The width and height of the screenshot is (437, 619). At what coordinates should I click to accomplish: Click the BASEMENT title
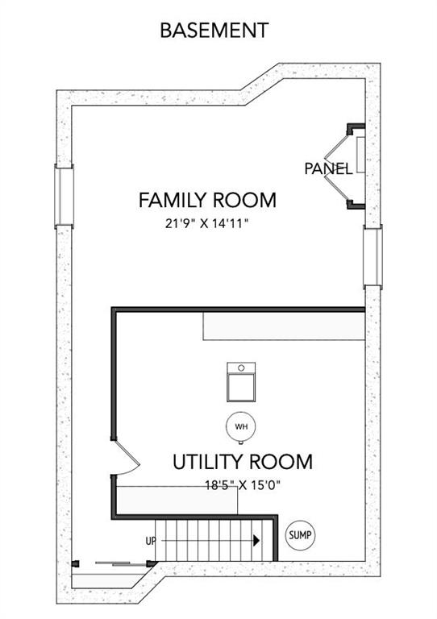[214, 31]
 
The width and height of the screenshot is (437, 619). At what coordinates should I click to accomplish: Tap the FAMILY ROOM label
[207, 200]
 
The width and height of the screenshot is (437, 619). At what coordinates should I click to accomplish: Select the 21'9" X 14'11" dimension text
[206, 224]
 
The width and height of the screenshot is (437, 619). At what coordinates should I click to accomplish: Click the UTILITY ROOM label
[243, 462]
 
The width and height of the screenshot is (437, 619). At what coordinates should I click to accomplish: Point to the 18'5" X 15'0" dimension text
[243, 484]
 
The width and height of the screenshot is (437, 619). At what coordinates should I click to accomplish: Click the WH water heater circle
[241, 426]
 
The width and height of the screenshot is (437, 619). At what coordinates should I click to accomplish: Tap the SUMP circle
[301, 535]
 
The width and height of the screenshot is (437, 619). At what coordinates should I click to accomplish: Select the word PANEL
[328, 169]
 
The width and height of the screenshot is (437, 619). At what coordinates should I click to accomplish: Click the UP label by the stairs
[152, 541]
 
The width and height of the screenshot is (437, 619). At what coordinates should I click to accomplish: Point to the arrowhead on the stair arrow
[256, 541]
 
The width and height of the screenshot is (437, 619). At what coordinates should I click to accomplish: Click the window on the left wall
[64, 196]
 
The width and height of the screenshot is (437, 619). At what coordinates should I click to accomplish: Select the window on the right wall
[372, 256]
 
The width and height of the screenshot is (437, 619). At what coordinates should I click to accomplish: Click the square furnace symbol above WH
[241, 382]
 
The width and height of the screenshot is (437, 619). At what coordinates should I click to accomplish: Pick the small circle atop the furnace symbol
[241, 368]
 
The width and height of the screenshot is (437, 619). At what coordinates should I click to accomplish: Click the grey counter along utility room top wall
[284, 326]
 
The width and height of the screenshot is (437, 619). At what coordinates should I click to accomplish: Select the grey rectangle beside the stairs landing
[177, 501]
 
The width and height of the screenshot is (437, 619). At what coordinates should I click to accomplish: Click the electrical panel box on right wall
[360, 155]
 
